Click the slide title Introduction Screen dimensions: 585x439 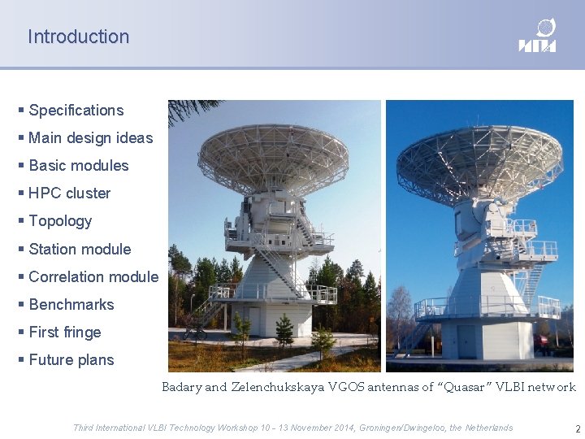point(78,37)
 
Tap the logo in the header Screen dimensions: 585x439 point(537,36)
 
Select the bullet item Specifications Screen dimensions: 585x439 point(76,111)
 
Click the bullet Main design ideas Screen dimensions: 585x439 point(91,137)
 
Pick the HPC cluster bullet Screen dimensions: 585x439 point(69,193)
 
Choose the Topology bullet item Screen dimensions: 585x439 point(60,221)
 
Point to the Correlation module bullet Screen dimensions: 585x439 point(93,276)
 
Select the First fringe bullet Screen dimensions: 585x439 point(65,332)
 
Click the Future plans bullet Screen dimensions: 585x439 point(71,360)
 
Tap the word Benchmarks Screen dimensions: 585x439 point(71,304)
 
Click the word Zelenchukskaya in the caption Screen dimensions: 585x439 point(278,387)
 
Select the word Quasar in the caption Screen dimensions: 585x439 point(465,387)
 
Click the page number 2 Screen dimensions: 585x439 point(578,428)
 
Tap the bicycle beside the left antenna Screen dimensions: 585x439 point(195,333)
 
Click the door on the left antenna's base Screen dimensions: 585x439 point(254,321)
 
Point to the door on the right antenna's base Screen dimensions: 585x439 point(466,341)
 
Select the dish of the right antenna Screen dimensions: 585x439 point(480,164)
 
